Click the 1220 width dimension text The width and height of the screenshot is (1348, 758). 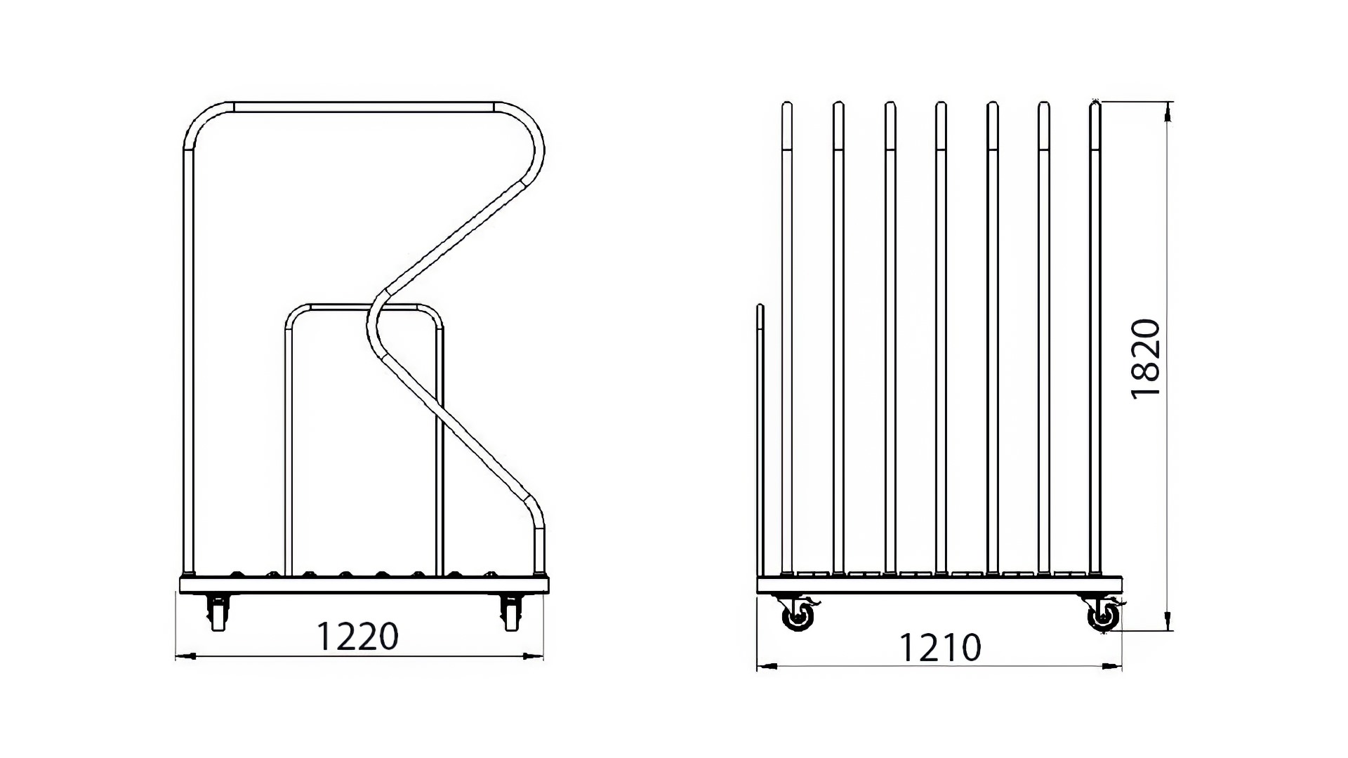click(357, 636)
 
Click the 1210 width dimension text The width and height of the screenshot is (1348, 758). click(939, 647)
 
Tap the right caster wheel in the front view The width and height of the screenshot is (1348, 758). click(511, 612)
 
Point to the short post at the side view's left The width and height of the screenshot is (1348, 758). click(760, 440)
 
